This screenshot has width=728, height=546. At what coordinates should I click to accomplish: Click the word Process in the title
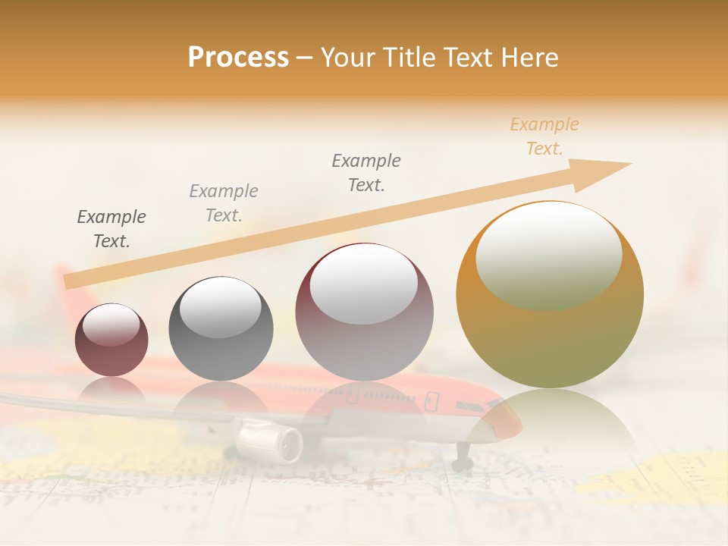point(238,58)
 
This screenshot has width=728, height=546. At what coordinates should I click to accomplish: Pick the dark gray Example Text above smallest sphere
point(111,229)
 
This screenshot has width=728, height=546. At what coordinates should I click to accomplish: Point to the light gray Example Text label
point(224,203)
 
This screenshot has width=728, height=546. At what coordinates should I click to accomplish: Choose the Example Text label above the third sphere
point(366,173)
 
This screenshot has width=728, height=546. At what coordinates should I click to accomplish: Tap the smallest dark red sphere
point(111,340)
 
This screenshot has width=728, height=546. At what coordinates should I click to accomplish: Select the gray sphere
point(220,328)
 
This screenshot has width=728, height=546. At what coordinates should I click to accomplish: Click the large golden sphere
point(550,296)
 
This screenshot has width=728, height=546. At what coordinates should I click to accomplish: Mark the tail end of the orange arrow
point(70,281)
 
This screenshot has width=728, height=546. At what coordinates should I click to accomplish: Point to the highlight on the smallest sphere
point(111,325)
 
